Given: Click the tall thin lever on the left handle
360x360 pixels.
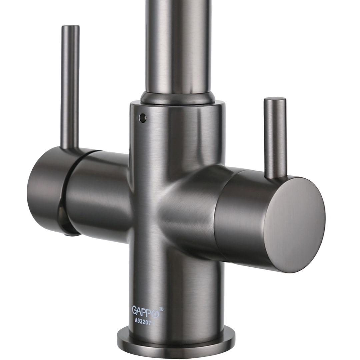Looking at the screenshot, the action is click(70, 87).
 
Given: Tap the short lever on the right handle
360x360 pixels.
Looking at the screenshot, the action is click(275, 138).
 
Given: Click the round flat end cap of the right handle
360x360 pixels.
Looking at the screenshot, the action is click(294, 225).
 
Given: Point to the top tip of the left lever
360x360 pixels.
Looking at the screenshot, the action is click(71, 26).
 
